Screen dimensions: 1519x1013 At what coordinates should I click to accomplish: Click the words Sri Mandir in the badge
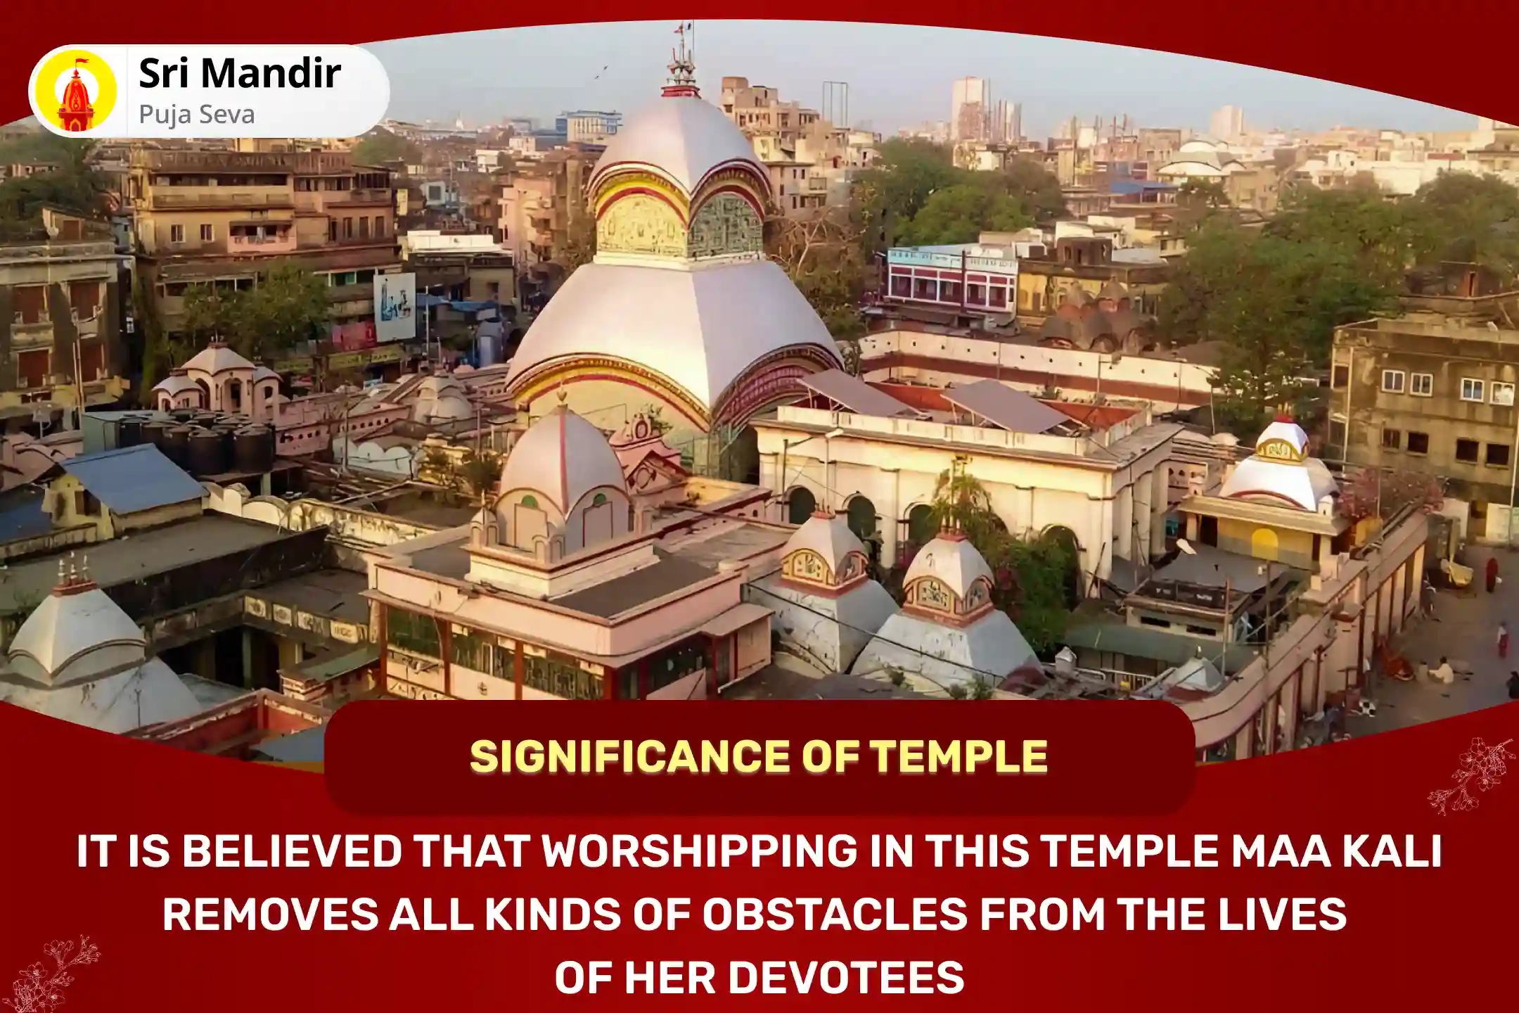click(x=240, y=73)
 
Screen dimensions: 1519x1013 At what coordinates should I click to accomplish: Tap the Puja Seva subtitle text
click(x=197, y=114)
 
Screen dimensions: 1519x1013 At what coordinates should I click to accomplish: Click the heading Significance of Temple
click(x=759, y=757)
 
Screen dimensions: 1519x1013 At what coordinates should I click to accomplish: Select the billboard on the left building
click(x=394, y=307)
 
